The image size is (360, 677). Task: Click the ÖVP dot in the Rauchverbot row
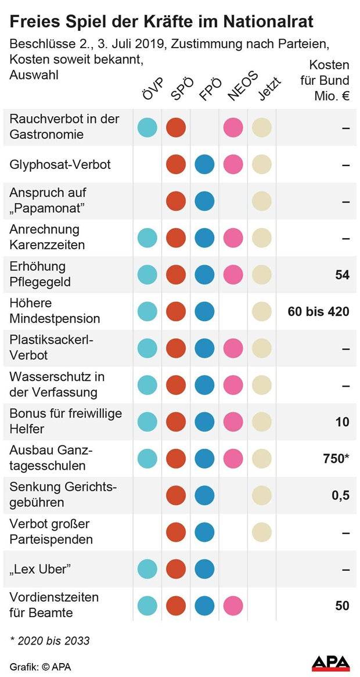click(147, 127)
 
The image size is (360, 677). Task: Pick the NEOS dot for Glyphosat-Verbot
click(233, 164)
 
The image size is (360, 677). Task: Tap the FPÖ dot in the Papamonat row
click(204, 201)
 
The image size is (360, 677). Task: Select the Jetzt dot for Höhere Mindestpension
click(261, 311)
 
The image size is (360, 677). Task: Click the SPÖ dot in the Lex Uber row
click(176, 569)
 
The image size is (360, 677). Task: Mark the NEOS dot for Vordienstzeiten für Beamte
click(233, 606)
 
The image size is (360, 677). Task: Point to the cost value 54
click(342, 275)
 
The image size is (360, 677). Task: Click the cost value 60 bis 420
click(318, 312)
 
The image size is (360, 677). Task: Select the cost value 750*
click(336, 459)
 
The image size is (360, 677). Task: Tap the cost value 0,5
click(340, 495)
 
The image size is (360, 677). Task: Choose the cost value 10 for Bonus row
click(342, 422)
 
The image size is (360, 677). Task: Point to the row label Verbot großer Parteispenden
click(51, 532)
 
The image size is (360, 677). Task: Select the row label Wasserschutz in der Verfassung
click(56, 384)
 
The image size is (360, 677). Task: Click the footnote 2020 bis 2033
click(49, 641)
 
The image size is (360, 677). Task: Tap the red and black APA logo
click(330, 664)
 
